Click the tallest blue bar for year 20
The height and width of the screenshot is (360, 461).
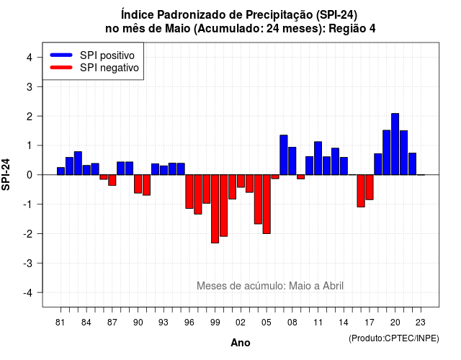pyautogui.click(x=395, y=144)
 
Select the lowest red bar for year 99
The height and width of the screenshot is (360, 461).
pyautogui.click(x=215, y=209)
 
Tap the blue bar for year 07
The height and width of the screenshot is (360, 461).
pyautogui.click(x=284, y=155)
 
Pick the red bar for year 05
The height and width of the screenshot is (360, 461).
pyautogui.click(x=267, y=204)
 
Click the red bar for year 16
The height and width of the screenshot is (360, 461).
pyautogui.click(x=361, y=191)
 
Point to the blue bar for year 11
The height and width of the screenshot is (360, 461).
pyautogui.click(x=318, y=158)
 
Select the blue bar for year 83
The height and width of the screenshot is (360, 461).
pyautogui.click(x=78, y=163)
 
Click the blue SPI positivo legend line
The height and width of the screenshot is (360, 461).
pyautogui.click(x=61, y=55)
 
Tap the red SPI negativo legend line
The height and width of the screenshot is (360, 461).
pyautogui.click(x=61, y=67)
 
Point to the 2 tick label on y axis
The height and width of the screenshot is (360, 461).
pyautogui.click(x=30, y=117)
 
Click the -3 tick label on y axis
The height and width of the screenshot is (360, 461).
pyautogui.click(x=27, y=264)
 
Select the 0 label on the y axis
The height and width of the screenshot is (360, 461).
pyautogui.click(x=30, y=175)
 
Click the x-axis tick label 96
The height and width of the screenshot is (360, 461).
pyautogui.click(x=189, y=323)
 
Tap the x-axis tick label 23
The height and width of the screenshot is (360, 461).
pyautogui.click(x=421, y=323)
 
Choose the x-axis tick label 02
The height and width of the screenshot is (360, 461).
pyautogui.click(x=241, y=323)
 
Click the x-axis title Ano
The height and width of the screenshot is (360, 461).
pyautogui.click(x=241, y=343)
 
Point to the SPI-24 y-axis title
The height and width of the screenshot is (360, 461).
pyautogui.click(x=6, y=174)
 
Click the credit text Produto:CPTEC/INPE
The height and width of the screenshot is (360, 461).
pyautogui.click(x=394, y=338)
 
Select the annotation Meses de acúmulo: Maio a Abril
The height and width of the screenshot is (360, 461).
pyautogui.click(x=270, y=286)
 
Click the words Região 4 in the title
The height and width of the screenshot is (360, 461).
pyautogui.click(x=352, y=29)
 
